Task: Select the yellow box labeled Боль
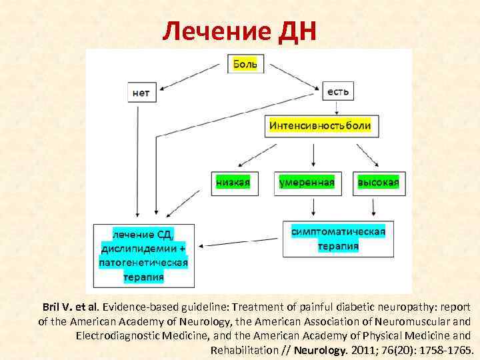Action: click(247, 64)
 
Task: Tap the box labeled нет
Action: click(141, 93)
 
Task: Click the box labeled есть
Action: click(339, 91)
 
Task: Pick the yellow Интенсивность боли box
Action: click(320, 125)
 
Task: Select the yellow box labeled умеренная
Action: click(307, 182)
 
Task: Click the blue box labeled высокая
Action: click(378, 182)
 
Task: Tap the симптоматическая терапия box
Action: click(338, 239)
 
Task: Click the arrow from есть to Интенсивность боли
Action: click(338, 108)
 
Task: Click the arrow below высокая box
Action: click(373, 206)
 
